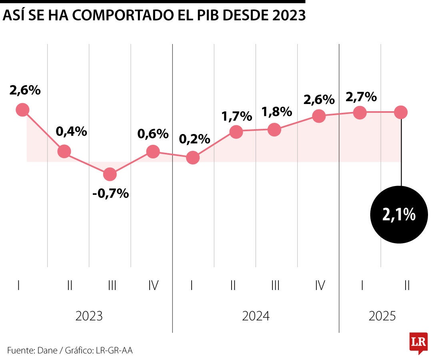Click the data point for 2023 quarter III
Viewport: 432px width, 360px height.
tap(110, 174)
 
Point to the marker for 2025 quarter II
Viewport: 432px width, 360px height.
tap(400, 112)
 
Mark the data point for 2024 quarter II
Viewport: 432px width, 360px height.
tap(236, 131)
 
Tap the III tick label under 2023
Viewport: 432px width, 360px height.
tap(112, 285)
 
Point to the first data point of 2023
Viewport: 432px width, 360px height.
tap(23, 110)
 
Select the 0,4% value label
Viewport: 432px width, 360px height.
tap(72, 131)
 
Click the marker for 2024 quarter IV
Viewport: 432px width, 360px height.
tap(319, 116)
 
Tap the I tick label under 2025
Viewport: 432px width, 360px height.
tap(362, 285)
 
